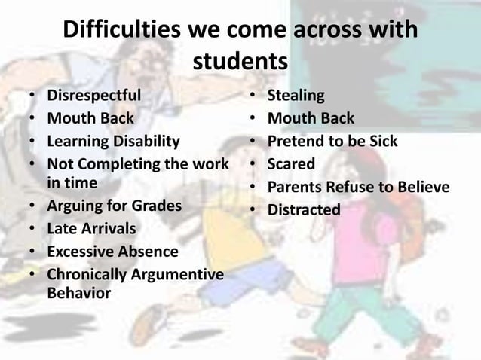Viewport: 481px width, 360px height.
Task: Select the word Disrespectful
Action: point(93,96)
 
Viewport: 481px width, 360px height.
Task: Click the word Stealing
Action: point(296,96)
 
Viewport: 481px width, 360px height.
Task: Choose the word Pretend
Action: point(295,141)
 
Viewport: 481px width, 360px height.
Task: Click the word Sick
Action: point(382,141)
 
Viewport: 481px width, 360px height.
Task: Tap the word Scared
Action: point(292,163)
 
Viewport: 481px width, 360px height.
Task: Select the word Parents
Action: point(296,186)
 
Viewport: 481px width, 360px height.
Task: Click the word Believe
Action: point(423,186)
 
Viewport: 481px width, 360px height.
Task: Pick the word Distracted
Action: point(305,209)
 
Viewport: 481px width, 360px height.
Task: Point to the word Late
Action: point(62,227)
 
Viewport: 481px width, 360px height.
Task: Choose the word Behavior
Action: point(78,292)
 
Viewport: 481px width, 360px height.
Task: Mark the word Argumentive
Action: point(179,274)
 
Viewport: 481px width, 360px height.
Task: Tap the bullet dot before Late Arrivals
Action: point(31,228)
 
